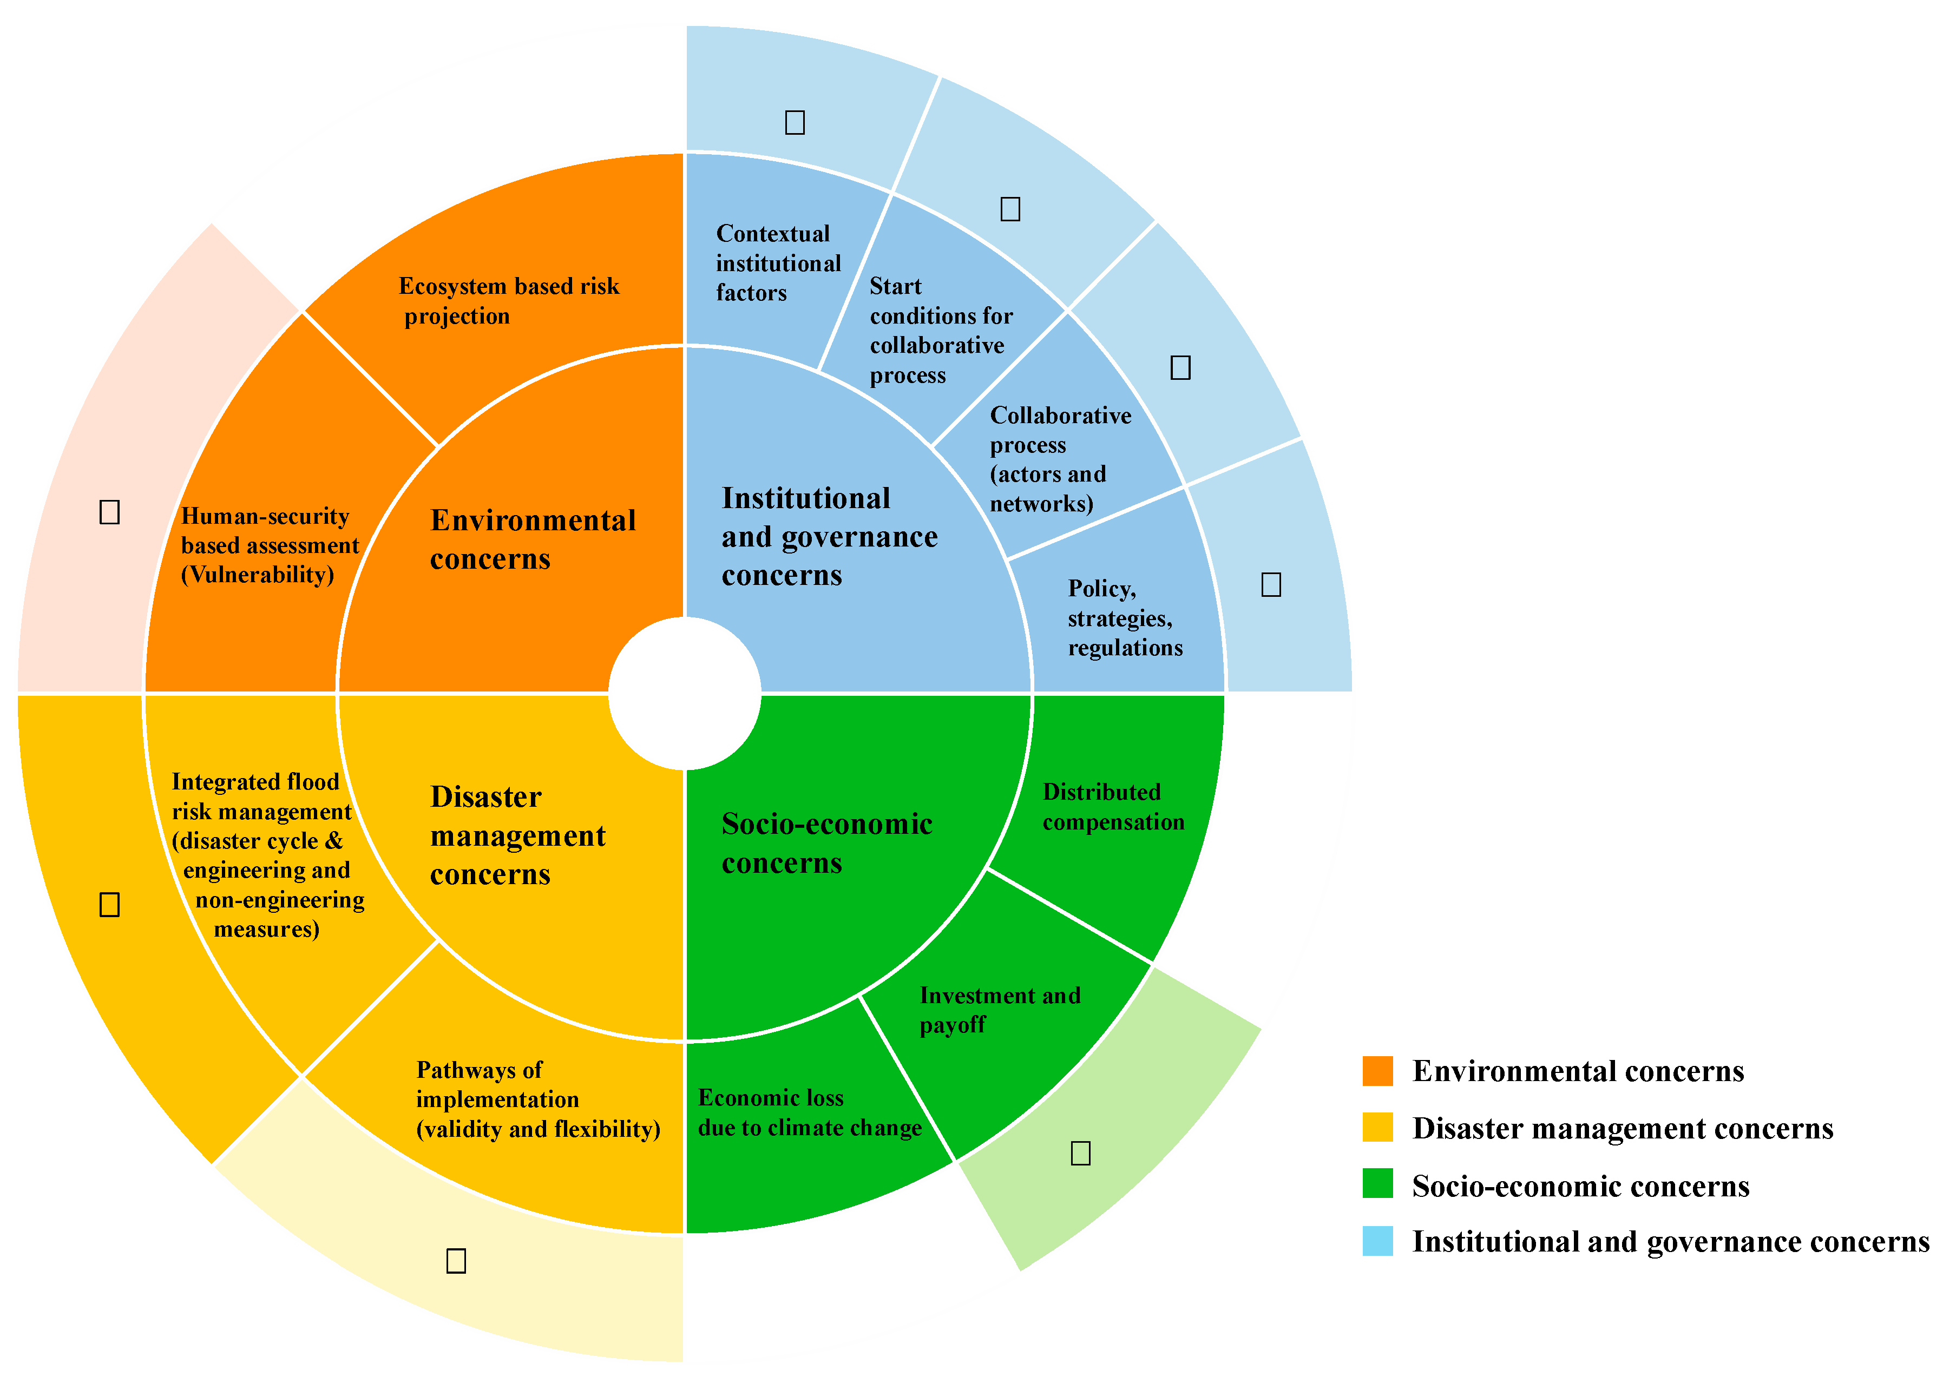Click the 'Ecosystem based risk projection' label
509,301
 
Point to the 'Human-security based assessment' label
269,545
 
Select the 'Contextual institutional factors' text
777,263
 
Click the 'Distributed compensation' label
1112,806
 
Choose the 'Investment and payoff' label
999,1010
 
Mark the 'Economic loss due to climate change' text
809,1113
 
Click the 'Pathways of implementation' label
537,1099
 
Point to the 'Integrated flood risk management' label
267,855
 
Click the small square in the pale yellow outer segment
456,1260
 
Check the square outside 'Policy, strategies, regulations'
1271,584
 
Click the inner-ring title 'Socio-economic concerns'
826,843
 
